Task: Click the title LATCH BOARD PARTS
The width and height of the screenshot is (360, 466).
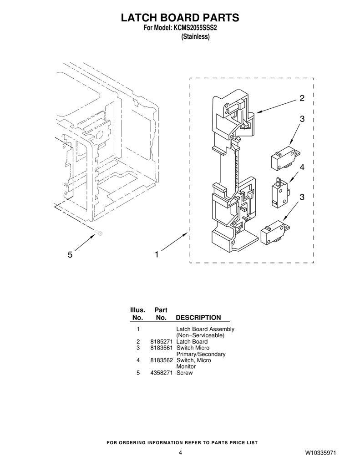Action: [180, 18]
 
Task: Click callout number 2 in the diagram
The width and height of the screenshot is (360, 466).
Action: [302, 98]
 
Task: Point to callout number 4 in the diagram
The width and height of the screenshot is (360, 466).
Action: [302, 167]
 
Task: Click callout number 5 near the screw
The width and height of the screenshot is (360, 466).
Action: [70, 255]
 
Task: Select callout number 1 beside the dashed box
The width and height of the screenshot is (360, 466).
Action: [157, 255]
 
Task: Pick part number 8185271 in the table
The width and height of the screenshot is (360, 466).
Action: [162, 342]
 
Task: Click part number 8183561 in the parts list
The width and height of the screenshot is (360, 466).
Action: [162, 348]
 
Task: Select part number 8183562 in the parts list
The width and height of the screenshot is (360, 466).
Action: [162, 360]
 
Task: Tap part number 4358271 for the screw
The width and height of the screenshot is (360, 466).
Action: [162, 373]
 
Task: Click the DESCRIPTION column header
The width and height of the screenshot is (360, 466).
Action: [198, 318]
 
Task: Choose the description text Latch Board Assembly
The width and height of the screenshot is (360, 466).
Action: [205, 329]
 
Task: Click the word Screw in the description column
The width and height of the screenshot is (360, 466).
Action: [185, 373]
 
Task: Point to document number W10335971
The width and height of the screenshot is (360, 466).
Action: [320, 453]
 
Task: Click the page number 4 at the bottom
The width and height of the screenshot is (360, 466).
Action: [180, 453]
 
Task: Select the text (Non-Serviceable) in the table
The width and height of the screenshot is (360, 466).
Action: [200, 335]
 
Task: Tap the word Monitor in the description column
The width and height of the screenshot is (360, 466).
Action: [186, 367]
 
